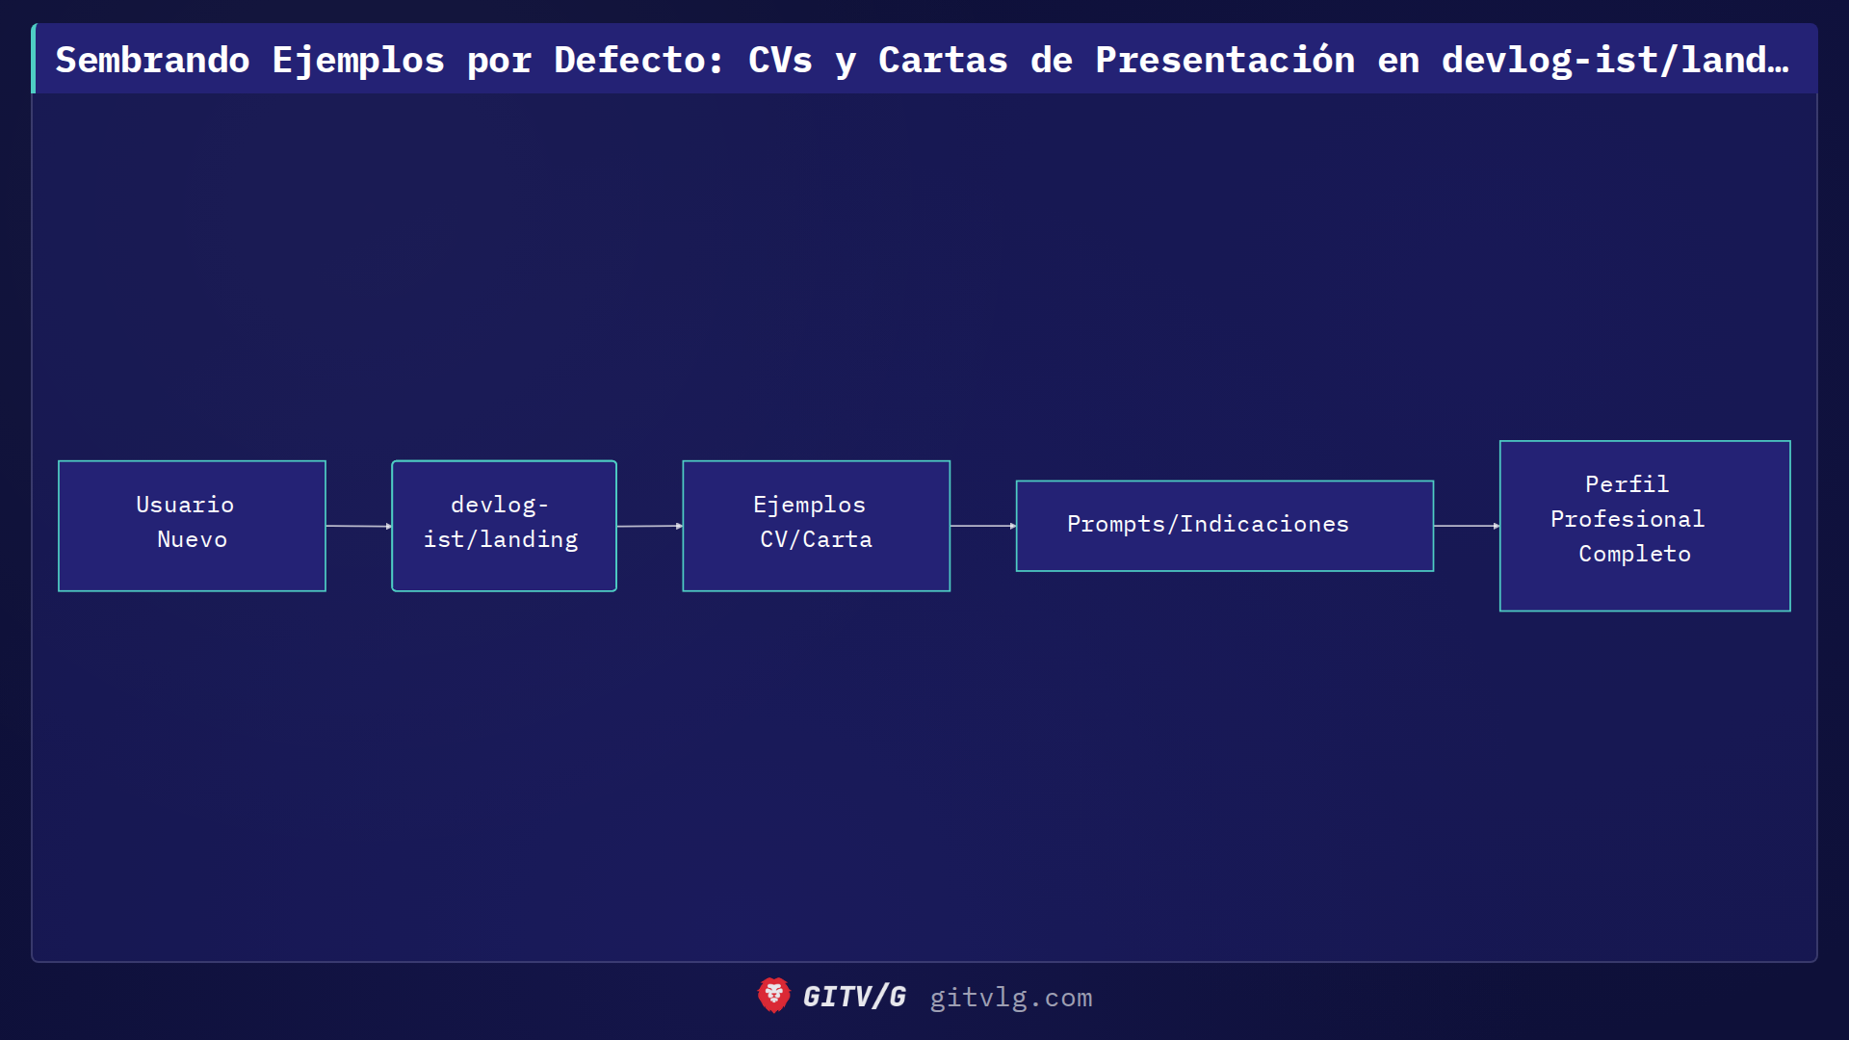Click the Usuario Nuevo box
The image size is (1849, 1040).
[x=192, y=526]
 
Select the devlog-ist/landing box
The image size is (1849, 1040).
[x=504, y=526]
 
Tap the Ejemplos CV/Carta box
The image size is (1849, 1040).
[x=816, y=526]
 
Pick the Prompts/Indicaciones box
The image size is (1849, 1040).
[x=1224, y=526]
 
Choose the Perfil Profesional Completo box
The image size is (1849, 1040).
[x=1644, y=526]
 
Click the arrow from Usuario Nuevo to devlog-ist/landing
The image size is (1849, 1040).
[x=358, y=526]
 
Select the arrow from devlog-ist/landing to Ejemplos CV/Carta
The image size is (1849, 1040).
[x=649, y=526]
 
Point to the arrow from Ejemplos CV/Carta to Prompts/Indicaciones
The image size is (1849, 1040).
[x=982, y=526]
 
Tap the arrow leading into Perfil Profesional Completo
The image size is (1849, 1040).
[x=1466, y=526]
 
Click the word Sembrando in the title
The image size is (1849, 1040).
[x=152, y=60]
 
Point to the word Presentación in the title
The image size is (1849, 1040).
[x=1224, y=60]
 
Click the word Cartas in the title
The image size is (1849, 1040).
[x=943, y=60]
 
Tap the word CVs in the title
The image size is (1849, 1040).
[x=780, y=60]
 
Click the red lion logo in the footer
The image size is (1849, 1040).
[x=773, y=996]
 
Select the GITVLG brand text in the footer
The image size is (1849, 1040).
[x=854, y=997]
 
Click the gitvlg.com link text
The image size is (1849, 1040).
[x=1010, y=998]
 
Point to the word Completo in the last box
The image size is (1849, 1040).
[x=1634, y=554]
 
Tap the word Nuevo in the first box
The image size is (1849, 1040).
[x=192, y=539]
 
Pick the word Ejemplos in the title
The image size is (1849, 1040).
[x=358, y=60]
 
